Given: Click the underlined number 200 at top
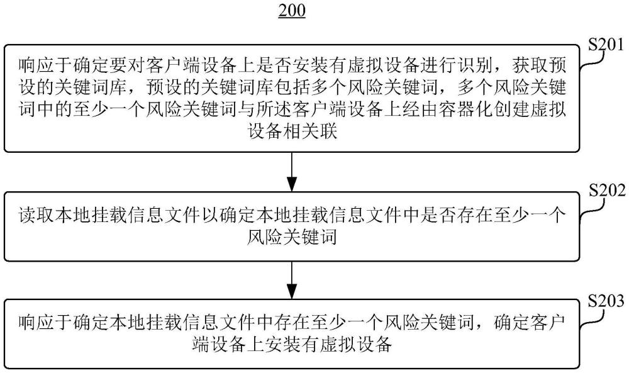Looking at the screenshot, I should (291, 11).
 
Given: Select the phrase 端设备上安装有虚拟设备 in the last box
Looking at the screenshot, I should (291, 345).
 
